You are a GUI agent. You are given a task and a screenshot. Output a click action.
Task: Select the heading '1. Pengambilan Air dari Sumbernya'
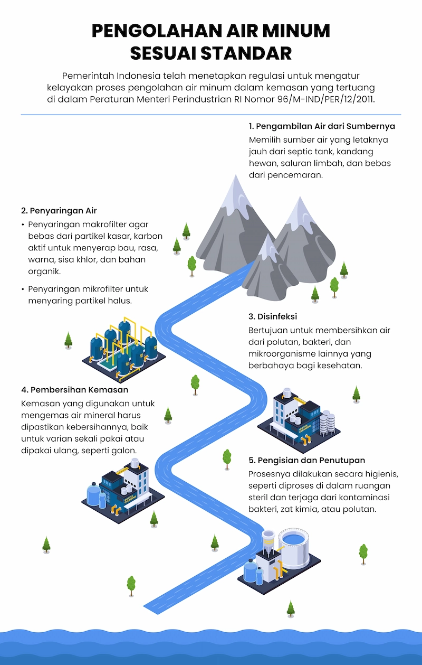pyautogui.click(x=322, y=127)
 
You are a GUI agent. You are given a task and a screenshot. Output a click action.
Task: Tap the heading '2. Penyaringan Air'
pyautogui.click(x=59, y=211)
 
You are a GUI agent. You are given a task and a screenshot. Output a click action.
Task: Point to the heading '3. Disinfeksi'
pyautogui.click(x=273, y=316)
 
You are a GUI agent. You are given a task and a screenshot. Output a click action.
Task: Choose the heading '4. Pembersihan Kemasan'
pyautogui.click(x=75, y=390)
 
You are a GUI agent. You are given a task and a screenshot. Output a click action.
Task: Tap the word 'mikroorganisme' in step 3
pyautogui.click(x=279, y=353)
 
